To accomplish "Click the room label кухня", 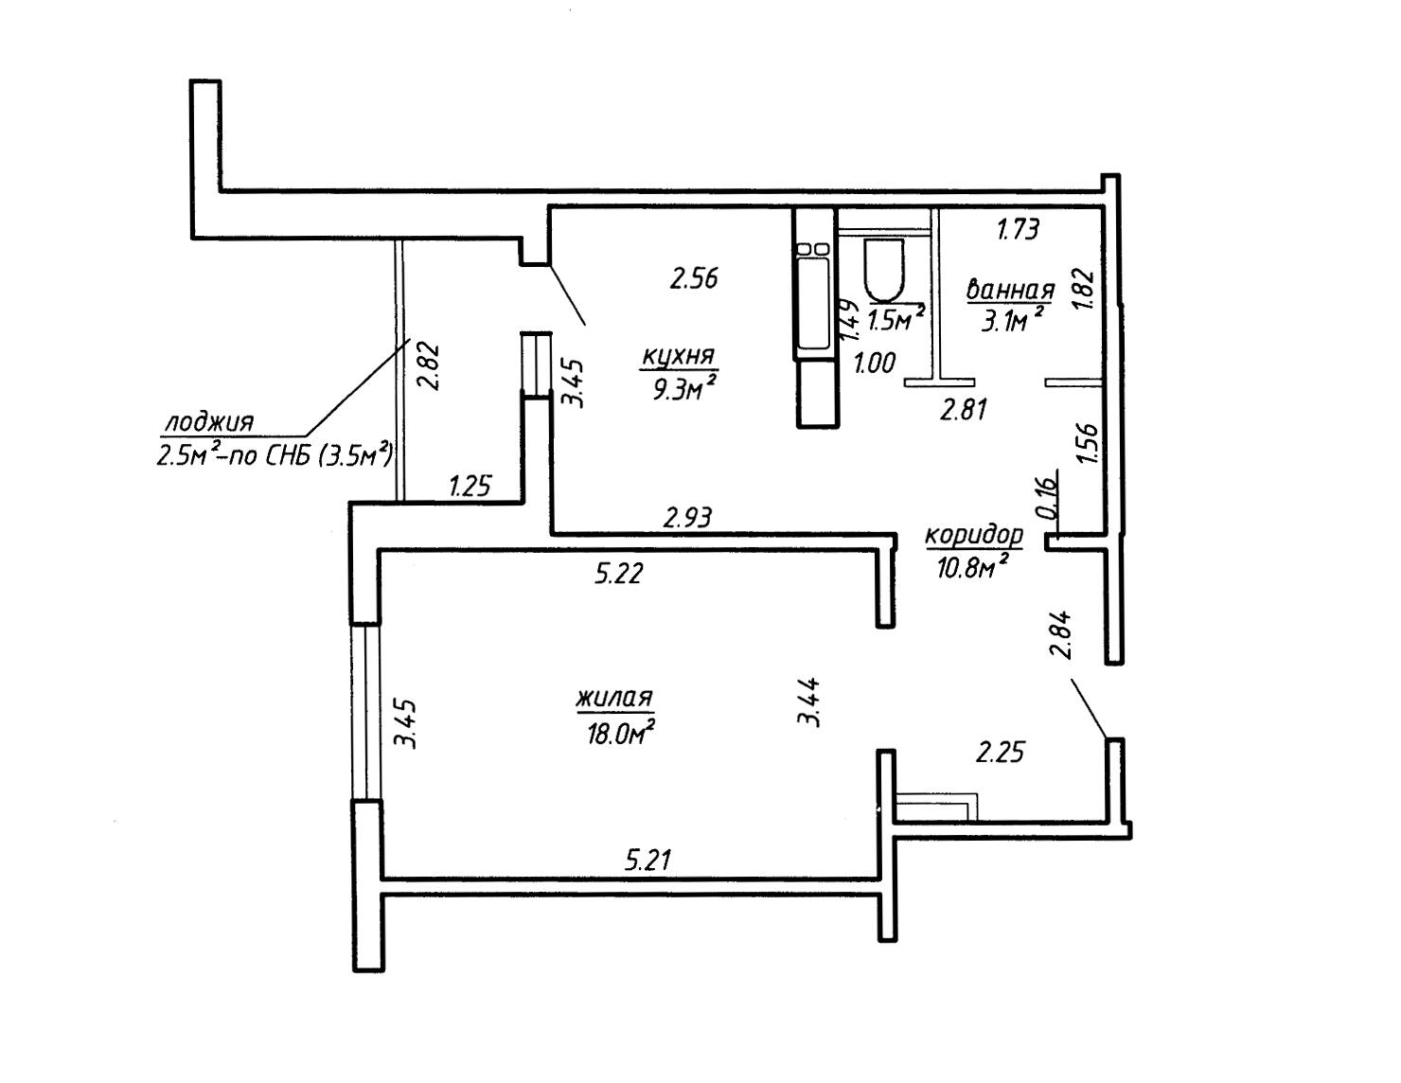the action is [x=679, y=357].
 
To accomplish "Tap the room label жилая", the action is [x=615, y=698].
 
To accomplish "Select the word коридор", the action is [x=974, y=535].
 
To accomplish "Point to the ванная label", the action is [x=1010, y=290].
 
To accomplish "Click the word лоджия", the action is [x=209, y=422].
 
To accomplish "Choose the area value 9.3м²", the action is [x=684, y=388].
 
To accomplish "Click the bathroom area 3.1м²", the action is [x=1012, y=319].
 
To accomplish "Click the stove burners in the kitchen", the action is [x=813, y=248].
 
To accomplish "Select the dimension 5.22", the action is [x=618, y=573].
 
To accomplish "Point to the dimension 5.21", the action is [x=647, y=860].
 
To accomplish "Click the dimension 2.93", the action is [x=688, y=517].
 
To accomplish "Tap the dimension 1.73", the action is [x=1018, y=229].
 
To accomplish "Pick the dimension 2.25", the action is [x=1000, y=753].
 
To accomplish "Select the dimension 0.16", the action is [x=1048, y=496].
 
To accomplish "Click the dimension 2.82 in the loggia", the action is [x=428, y=365].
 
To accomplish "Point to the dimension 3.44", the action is [x=808, y=702].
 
